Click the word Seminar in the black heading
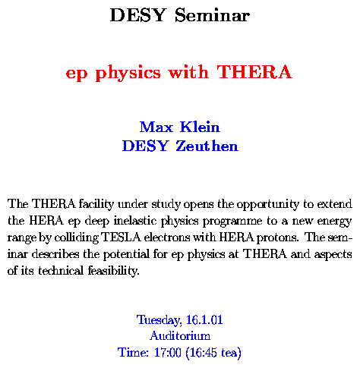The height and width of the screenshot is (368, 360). tap(212, 15)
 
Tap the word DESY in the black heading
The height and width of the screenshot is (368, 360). tap(138, 15)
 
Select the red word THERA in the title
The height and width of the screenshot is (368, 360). tap(254, 72)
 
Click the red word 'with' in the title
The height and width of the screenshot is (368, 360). tap(188, 72)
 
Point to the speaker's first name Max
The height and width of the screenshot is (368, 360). tap(156, 127)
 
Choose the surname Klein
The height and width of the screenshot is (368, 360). tap(200, 127)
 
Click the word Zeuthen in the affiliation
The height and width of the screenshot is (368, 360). tap(207, 146)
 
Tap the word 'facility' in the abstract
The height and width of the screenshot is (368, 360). tap(96, 204)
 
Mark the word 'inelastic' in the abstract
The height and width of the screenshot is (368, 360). tap(135, 221)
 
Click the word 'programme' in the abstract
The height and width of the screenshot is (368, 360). tap(232, 222)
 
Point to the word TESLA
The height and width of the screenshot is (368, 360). tap(121, 237)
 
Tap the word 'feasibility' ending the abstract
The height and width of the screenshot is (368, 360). tap(114, 271)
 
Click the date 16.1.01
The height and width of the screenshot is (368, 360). tap(204, 319)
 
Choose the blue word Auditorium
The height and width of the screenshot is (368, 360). tap(180, 336)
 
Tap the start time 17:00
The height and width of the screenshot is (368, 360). tap(168, 352)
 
